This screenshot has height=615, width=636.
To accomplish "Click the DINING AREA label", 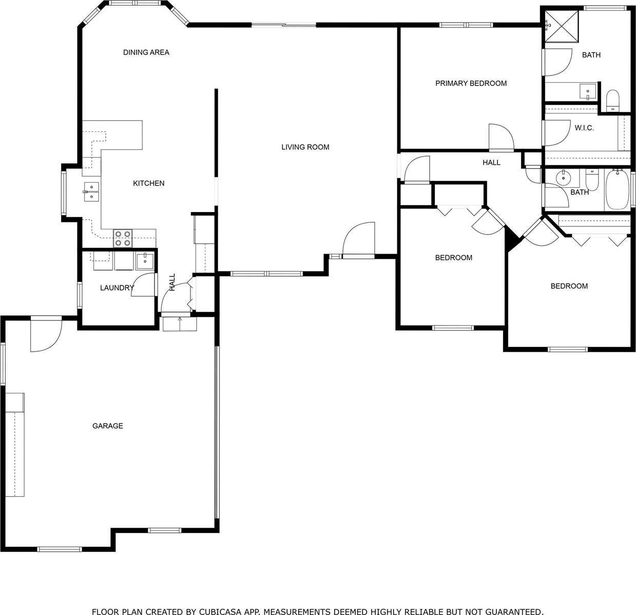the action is click(146, 52).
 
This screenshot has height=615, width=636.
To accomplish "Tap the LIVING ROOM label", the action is click(305, 147).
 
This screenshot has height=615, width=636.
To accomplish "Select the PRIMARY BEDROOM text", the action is click(471, 83).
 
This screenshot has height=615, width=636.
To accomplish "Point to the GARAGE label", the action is click(107, 426).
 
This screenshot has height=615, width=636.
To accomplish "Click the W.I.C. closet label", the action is click(584, 128).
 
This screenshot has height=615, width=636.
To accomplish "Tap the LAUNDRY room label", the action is click(117, 287).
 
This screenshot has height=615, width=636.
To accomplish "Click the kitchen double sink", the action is click(91, 192).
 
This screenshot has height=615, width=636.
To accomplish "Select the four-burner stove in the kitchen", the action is click(123, 238).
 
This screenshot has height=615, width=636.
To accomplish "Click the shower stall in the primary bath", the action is click(561, 26).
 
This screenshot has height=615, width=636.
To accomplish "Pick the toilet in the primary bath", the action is click(613, 101).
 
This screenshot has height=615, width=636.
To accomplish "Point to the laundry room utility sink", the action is click(145, 261).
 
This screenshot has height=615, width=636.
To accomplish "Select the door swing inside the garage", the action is click(46, 336).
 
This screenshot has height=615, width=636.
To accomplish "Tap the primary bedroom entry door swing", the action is click(502, 137).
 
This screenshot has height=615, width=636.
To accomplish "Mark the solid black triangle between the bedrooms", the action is click(511, 238).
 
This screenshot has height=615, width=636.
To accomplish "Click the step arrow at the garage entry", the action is click(180, 323).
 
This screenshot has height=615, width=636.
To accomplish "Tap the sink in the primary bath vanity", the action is click(588, 91).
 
